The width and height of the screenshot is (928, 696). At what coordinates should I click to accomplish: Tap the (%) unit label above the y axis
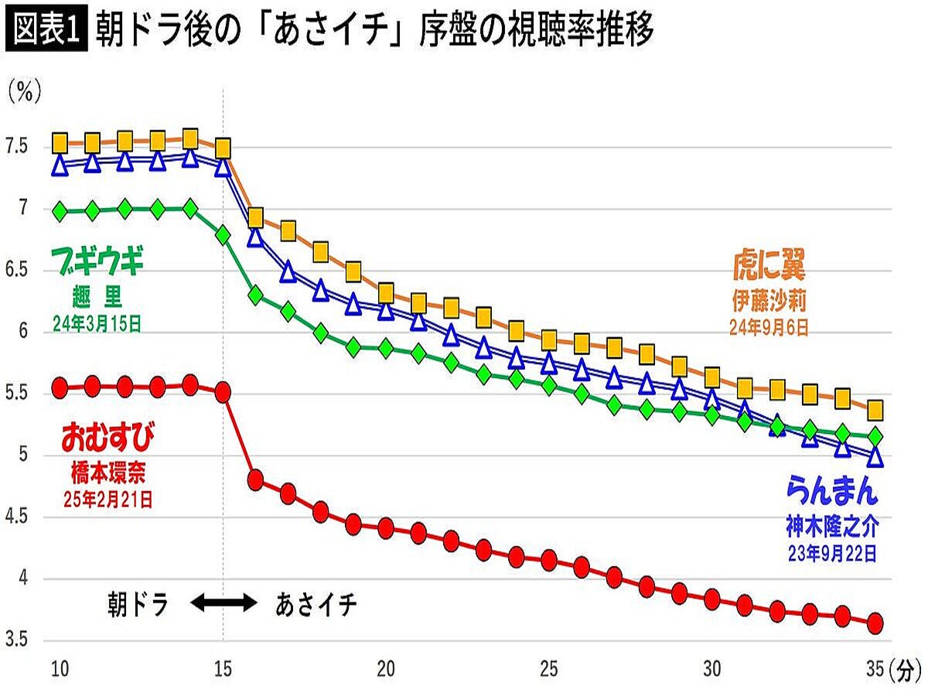click(x=24, y=94)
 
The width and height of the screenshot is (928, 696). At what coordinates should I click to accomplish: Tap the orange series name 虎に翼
click(x=769, y=268)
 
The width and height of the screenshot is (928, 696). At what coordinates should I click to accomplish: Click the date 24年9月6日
click(x=769, y=328)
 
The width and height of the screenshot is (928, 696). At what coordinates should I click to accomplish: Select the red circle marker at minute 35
click(x=875, y=623)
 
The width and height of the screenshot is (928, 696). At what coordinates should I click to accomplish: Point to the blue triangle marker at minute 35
click(x=875, y=457)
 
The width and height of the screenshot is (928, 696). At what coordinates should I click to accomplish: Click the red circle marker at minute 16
click(x=256, y=479)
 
